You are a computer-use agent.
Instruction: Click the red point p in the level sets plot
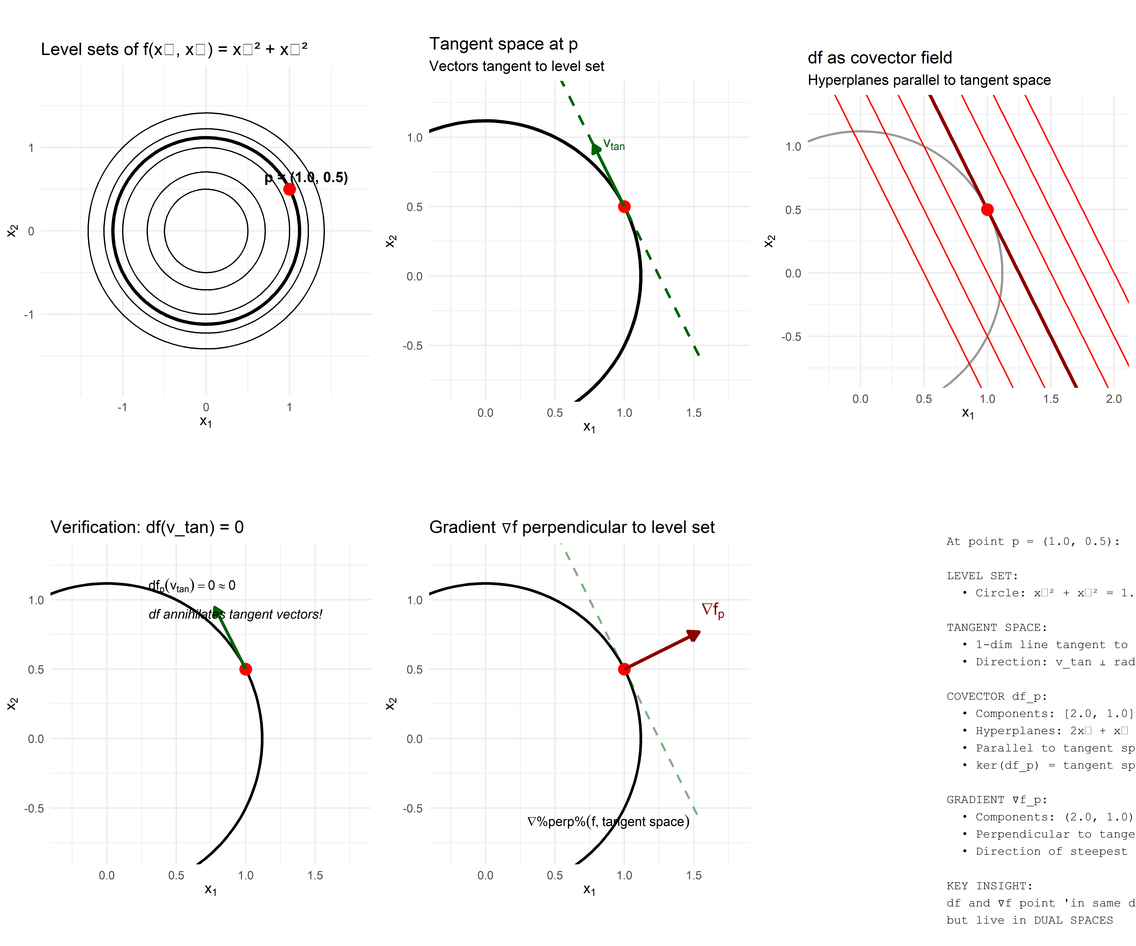pos(289,189)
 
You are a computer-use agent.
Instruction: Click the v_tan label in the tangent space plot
pos(614,145)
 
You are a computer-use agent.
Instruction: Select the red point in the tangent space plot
pos(624,207)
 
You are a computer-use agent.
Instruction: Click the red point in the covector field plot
pos(987,210)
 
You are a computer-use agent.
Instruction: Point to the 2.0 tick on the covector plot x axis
pos(1114,399)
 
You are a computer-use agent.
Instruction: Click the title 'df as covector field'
pos(880,58)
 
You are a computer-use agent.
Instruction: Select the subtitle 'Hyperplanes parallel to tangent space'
pos(929,80)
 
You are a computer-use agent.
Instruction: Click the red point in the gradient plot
pos(624,669)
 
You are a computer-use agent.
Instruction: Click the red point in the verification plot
pos(246,669)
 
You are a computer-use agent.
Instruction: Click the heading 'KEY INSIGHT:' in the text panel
pos(989,886)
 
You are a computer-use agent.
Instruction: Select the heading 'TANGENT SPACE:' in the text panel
pos(996,628)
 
